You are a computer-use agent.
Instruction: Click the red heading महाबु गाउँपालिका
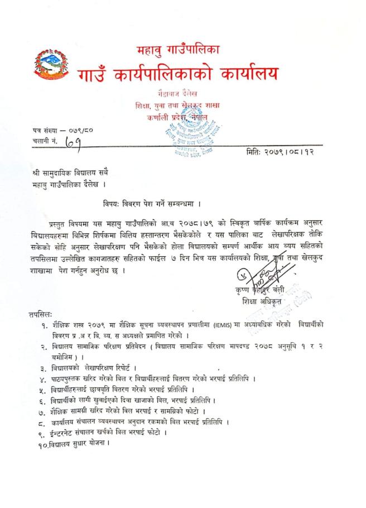pyautogui.click(x=179, y=51)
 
